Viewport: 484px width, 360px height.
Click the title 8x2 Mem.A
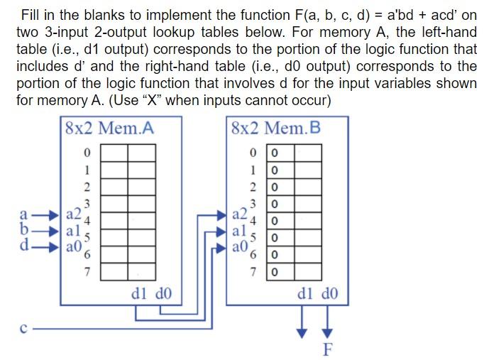109,129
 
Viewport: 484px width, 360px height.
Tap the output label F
327,349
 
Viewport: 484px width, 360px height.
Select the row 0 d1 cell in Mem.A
114,153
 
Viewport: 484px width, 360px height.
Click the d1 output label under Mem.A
139,293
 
